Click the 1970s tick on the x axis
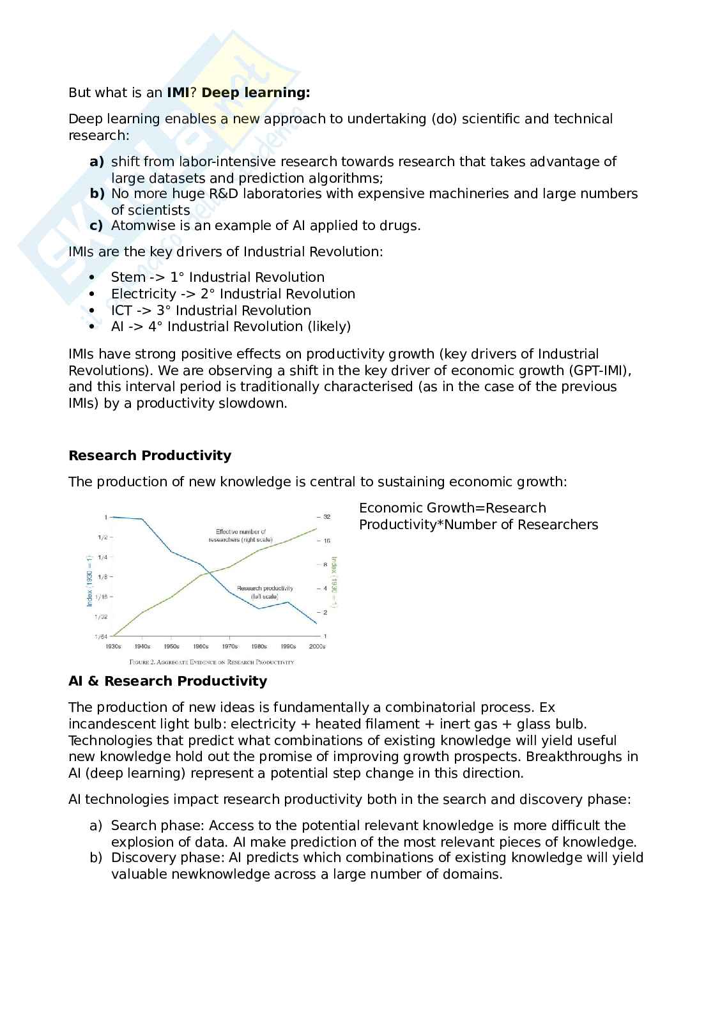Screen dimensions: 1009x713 pos(229,646)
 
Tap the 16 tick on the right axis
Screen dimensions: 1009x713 pos(326,541)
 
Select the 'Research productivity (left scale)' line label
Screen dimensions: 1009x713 pos(264,592)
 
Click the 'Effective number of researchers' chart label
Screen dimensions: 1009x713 pos(240,535)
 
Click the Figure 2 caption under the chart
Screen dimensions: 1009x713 pos(211,662)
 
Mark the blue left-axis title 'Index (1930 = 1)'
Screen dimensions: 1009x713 pos(89,580)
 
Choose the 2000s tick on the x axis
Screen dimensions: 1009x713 pos(318,646)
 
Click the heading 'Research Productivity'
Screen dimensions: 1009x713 pos(149,456)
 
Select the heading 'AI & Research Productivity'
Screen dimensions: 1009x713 pos(167,681)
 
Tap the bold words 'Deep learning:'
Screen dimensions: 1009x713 pos(256,93)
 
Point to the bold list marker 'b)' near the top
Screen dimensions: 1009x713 pos(96,194)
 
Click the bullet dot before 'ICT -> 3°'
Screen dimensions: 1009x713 pos(93,311)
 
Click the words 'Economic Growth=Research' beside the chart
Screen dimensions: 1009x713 pos(452,508)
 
